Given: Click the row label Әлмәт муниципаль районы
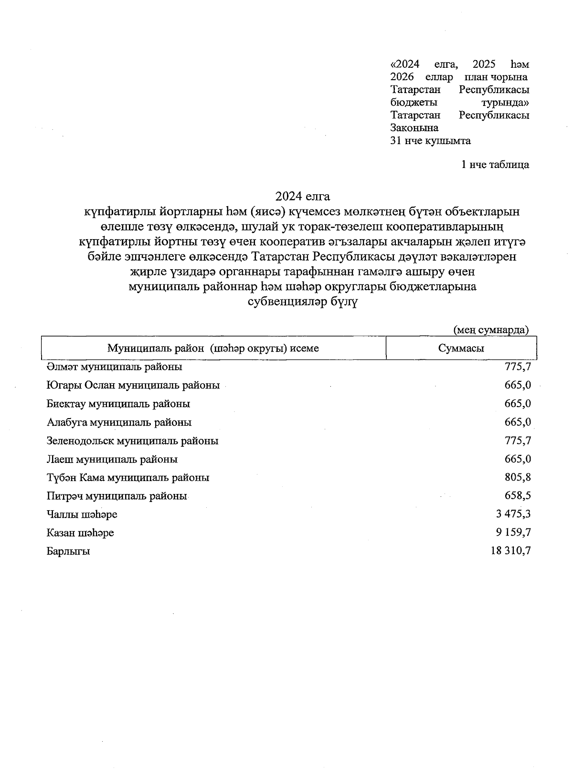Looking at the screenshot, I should coord(114,367).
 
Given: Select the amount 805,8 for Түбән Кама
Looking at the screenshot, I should coord(518,477).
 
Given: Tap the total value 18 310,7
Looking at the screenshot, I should coord(510,551).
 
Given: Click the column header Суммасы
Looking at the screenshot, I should coord(461,348).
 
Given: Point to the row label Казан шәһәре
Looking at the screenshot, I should coord(80,533).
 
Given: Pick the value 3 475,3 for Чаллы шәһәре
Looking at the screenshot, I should coord(514,514).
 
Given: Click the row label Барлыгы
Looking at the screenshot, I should coord(68,552).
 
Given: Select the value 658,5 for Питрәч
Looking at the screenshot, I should coord(518,496).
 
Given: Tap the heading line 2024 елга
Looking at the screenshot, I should coord(302,196).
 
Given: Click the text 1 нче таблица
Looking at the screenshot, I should coord(495,165).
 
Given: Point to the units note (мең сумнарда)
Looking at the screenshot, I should coord(491,330).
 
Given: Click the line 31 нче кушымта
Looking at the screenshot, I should coord(430,141).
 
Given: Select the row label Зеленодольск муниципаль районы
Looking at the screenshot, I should coord(132,441).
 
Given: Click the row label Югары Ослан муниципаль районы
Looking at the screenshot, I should coord(133,385).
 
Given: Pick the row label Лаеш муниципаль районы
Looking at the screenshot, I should coord(112,460).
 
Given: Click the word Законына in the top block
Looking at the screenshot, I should coord(414,128).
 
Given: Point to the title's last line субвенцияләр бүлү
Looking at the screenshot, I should coord(302,302).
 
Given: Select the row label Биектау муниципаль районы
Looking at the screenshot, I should coord(118,404).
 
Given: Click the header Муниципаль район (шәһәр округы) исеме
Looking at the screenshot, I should coord(213,348).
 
